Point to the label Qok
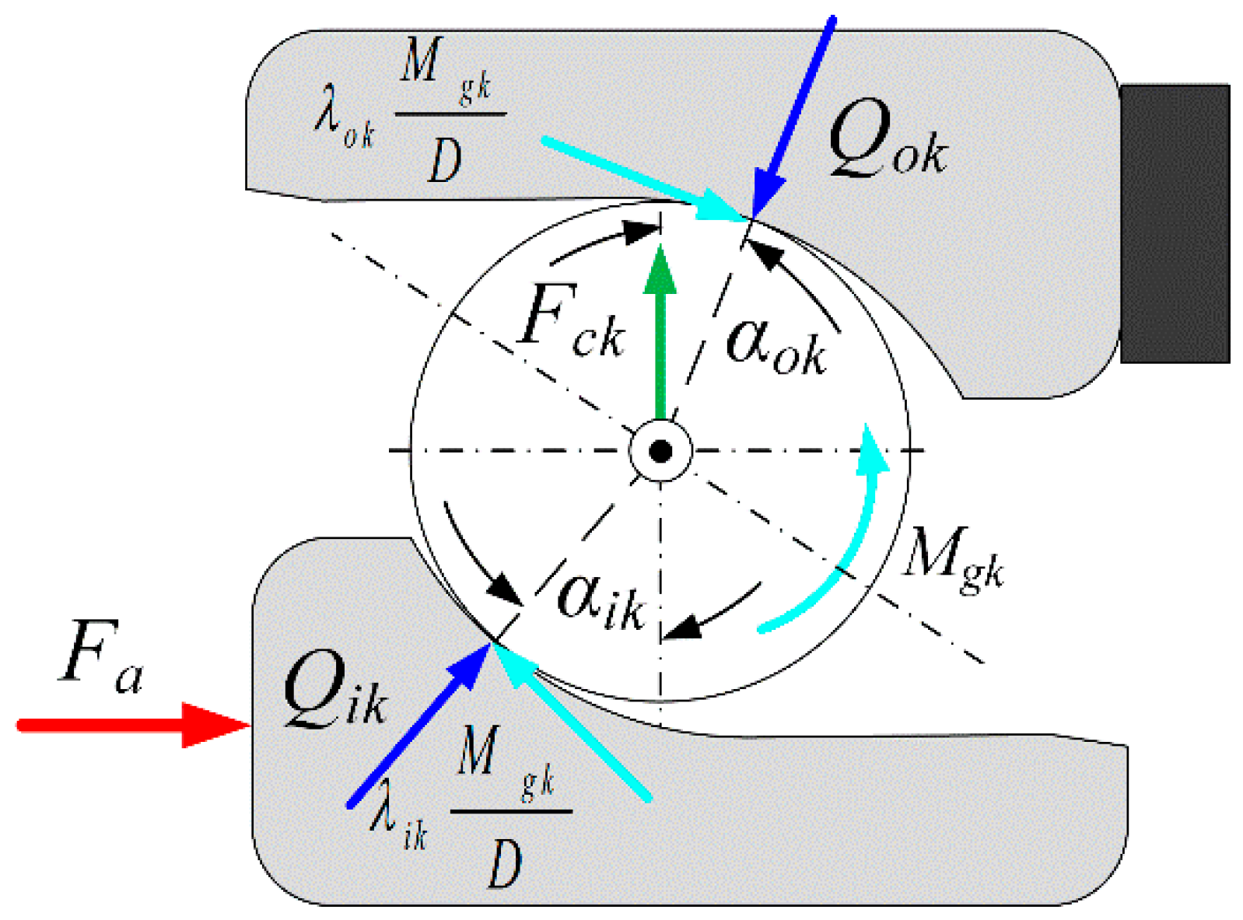pyautogui.click(x=887, y=140)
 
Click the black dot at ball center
pyautogui.click(x=660, y=451)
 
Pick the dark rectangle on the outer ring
pyautogui.click(x=1175, y=224)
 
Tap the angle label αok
pyautogui.click(x=774, y=346)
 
